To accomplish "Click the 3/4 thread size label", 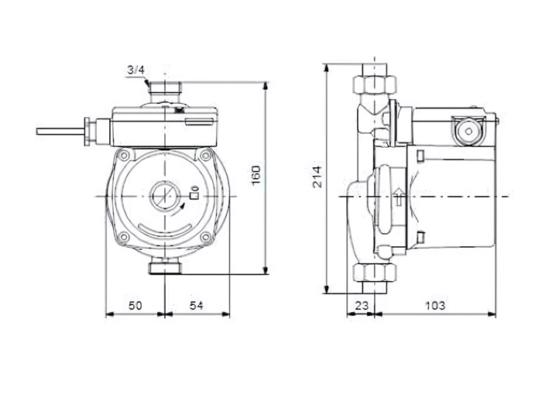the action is (135, 70).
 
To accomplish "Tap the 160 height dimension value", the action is (256, 175).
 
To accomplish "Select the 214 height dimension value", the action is (317, 177).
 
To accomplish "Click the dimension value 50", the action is (135, 306).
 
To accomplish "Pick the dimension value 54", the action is (197, 306).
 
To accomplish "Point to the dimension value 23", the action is (362, 306).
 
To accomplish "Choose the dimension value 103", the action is (435, 306).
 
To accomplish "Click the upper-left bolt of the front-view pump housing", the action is (125, 156).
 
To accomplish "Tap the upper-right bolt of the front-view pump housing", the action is (206, 155).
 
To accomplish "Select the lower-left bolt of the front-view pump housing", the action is (124, 237).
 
